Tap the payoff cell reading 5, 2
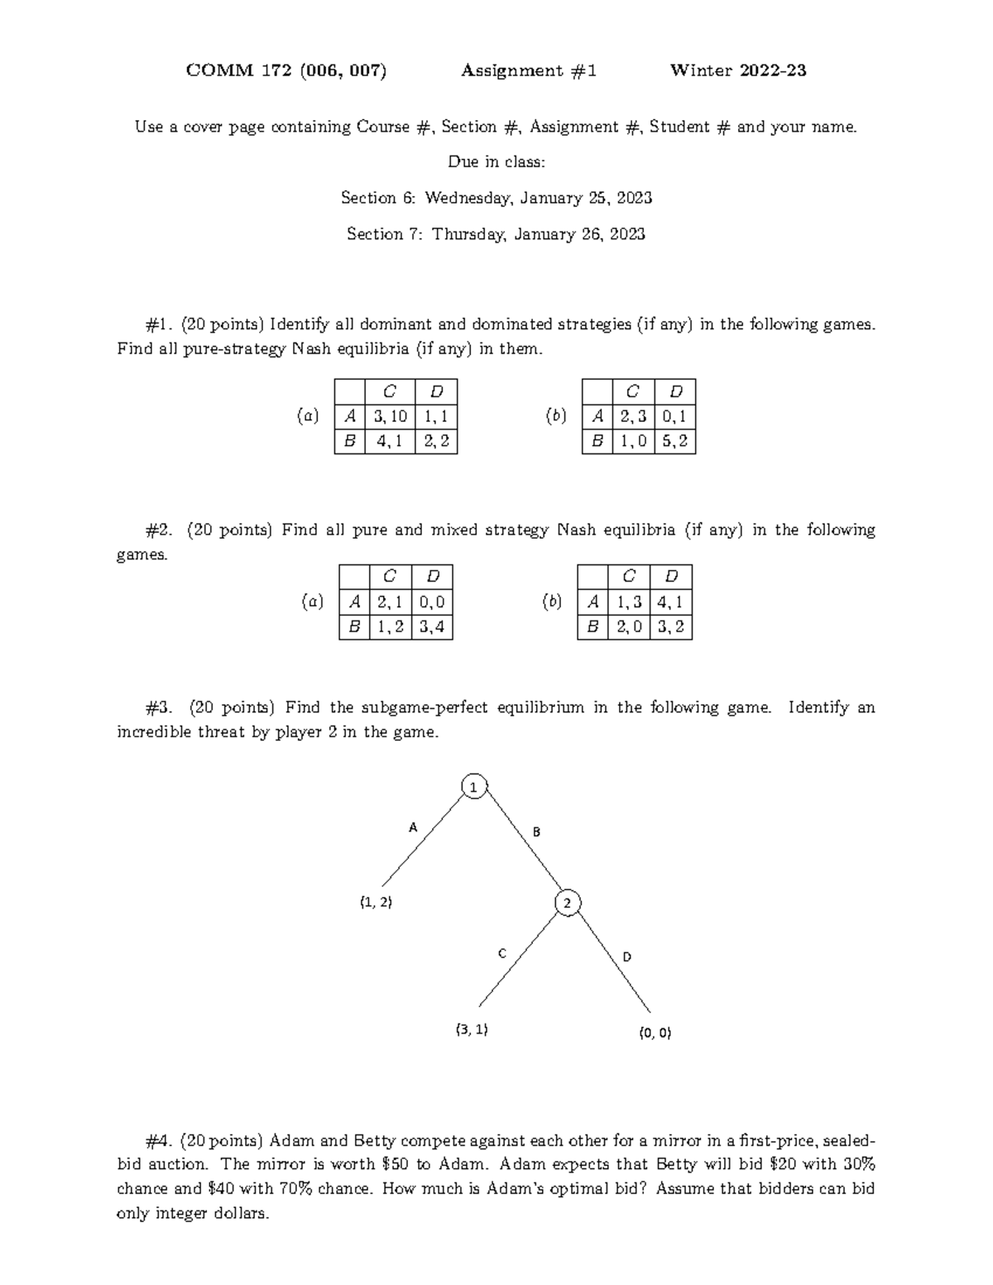[x=674, y=442]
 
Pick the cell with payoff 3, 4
[x=432, y=627]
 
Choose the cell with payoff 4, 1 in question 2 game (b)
[x=670, y=602]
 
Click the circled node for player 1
[x=473, y=788]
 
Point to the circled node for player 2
[x=567, y=904]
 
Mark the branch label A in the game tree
[x=414, y=827]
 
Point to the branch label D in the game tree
[x=626, y=957]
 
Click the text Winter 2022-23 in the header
[x=738, y=71]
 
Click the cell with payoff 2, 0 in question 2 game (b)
[x=628, y=627]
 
